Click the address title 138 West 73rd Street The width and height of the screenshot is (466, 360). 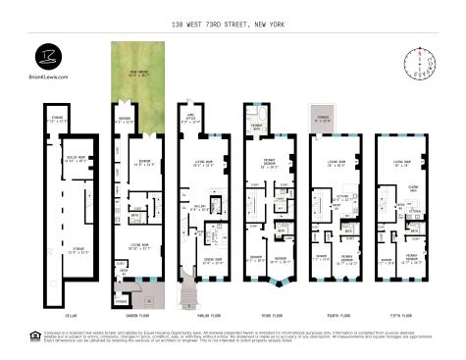[x=233, y=23]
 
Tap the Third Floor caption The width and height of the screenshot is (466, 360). [x=265, y=316]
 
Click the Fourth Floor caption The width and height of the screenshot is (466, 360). [x=331, y=316]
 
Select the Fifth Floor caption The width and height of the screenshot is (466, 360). [x=397, y=316]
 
